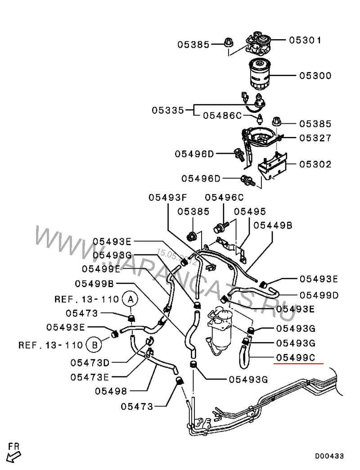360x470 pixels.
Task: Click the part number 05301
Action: point(305,40)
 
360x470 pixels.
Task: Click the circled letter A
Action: point(130,298)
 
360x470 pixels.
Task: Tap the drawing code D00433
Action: point(329,456)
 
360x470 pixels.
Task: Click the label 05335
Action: point(167,110)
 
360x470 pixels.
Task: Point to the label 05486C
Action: point(222,115)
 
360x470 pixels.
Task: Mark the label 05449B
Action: point(273,225)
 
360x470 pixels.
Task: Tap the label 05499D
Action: point(319,295)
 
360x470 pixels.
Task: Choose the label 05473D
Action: point(90,362)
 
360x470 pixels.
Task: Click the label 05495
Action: point(250,211)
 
